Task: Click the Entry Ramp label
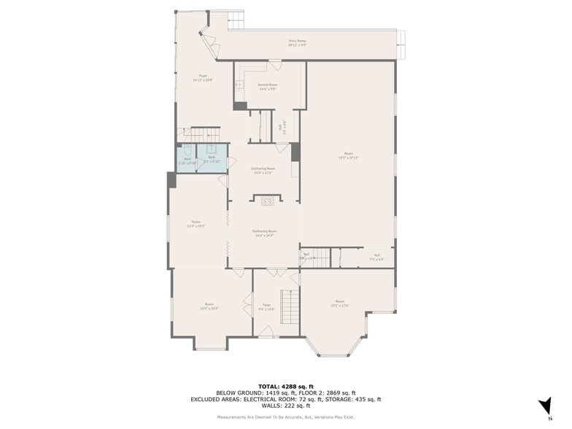pyautogui.click(x=297, y=43)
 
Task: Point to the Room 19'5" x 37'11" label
pyautogui.click(x=349, y=155)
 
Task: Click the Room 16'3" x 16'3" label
pyautogui.click(x=209, y=306)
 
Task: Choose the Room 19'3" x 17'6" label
pyautogui.click(x=340, y=303)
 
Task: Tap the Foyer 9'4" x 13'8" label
pyautogui.click(x=266, y=307)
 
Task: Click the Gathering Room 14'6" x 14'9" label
pyautogui.click(x=263, y=233)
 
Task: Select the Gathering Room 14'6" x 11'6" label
pyautogui.click(x=263, y=171)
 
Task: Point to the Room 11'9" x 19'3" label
pyautogui.click(x=196, y=224)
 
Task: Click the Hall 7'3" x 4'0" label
pyautogui.click(x=376, y=258)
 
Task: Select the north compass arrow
pyautogui.click(x=544, y=407)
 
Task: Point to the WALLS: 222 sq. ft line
pyautogui.click(x=285, y=406)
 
